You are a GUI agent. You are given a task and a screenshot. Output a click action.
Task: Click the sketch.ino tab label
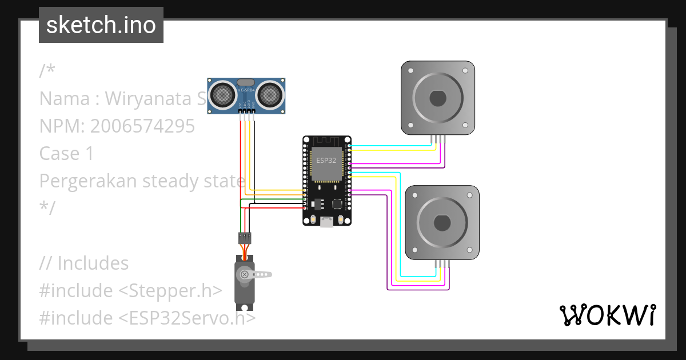[x=101, y=25]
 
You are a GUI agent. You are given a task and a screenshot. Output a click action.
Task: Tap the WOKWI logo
[x=607, y=315]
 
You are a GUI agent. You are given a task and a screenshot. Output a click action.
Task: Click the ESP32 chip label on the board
[x=326, y=161]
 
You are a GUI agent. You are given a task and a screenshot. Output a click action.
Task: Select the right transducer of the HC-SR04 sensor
[x=270, y=93]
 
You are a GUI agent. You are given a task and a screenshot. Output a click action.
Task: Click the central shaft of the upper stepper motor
[x=437, y=98]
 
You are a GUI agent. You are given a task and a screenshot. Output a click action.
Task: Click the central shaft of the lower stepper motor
[x=442, y=222]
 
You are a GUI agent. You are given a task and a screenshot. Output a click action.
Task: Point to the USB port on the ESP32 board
[x=326, y=222]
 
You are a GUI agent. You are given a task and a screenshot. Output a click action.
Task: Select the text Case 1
[x=66, y=153]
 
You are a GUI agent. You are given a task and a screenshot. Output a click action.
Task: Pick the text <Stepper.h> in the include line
[x=170, y=291]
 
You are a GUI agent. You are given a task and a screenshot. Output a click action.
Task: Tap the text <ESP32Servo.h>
[x=187, y=318]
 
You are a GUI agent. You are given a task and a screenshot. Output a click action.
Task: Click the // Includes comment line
[x=84, y=263]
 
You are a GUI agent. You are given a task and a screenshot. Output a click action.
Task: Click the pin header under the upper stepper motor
[x=437, y=139]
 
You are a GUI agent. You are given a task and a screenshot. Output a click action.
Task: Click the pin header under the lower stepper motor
[x=442, y=263]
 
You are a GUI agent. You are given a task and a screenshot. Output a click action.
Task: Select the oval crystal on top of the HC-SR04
[x=246, y=82]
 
